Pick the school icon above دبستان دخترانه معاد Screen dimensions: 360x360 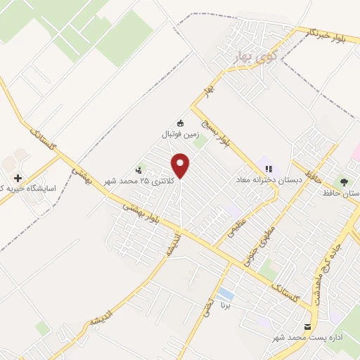coord(269,168)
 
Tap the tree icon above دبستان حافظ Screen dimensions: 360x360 coord(344,181)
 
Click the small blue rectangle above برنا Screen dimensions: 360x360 coord(226,293)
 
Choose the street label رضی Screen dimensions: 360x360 coord(207,309)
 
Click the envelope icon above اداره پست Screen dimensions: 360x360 coord(307,327)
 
